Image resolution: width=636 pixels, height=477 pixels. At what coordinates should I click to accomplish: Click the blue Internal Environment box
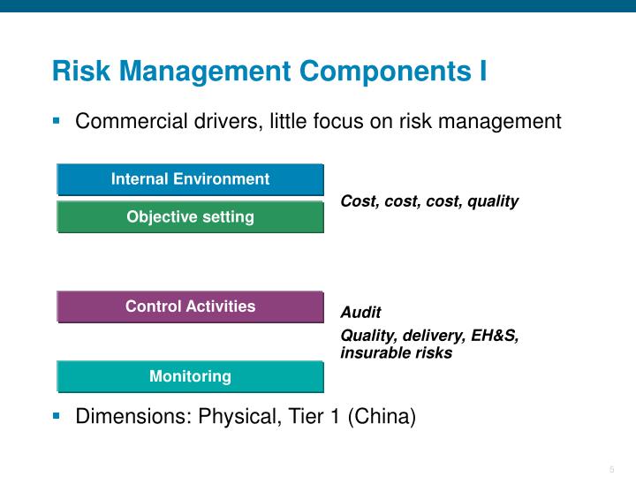(x=190, y=179)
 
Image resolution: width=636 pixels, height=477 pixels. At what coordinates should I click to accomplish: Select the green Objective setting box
(x=190, y=216)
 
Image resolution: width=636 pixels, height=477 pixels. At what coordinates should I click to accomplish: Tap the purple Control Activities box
(x=190, y=307)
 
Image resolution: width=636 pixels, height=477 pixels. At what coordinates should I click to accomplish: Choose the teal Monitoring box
(x=190, y=376)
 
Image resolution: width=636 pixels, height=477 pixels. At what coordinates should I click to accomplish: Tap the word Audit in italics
(x=361, y=313)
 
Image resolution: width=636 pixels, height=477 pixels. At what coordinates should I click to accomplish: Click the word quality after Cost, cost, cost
(x=493, y=201)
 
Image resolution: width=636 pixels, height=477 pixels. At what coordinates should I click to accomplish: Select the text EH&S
(x=495, y=336)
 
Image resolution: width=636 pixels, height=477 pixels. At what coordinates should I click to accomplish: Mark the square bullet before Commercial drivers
(x=57, y=119)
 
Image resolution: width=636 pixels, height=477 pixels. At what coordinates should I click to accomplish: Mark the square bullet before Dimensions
(x=57, y=413)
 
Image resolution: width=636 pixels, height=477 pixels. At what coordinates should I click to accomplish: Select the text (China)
(x=382, y=416)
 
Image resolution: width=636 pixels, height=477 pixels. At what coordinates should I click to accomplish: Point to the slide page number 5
(x=611, y=469)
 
